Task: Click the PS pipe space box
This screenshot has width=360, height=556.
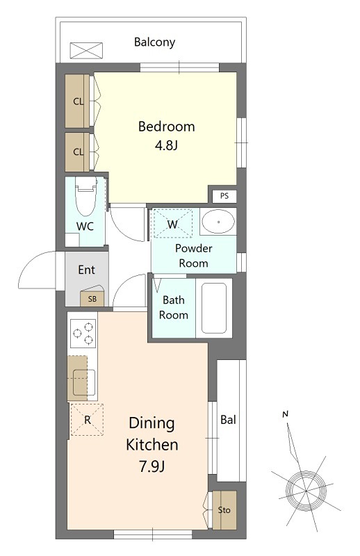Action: click(224, 196)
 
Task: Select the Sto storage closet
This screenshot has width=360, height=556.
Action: click(224, 510)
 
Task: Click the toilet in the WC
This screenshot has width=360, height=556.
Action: click(86, 196)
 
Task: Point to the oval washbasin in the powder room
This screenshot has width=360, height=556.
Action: click(218, 222)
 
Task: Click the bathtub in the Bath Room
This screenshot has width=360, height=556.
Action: click(214, 308)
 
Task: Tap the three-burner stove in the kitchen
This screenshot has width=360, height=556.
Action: click(83, 334)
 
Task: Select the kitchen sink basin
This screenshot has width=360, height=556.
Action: click(84, 382)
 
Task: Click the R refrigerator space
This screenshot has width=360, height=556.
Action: click(87, 420)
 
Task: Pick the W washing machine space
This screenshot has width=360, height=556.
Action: click(172, 223)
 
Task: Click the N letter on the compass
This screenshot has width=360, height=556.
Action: click(285, 414)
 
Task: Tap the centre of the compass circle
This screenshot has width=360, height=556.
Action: click(305, 491)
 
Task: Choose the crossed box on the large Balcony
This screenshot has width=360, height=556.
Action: click(86, 50)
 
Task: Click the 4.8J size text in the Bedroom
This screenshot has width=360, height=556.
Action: click(166, 145)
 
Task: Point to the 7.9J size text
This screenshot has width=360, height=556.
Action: click(152, 466)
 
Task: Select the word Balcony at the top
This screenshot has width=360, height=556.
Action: click(155, 42)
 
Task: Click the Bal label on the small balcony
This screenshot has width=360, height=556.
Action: click(228, 420)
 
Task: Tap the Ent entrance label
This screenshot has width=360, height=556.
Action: click(87, 270)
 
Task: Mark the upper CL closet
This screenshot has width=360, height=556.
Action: click(77, 101)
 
